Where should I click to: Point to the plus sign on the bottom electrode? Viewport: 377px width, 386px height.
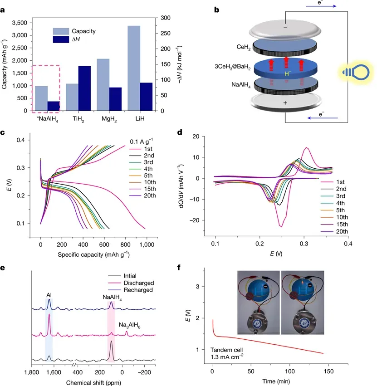click(x=285, y=103)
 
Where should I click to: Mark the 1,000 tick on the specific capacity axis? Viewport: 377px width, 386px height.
click(x=146, y=244)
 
